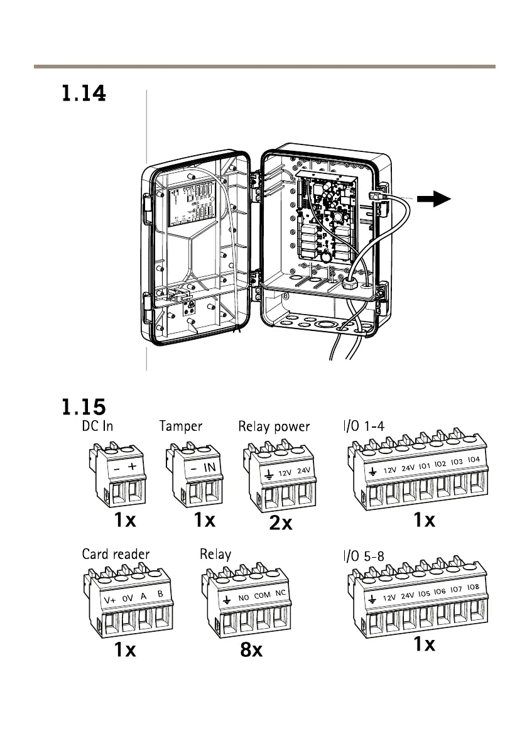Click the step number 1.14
[x=84, y=95]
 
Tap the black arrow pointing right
[x=433, y=200]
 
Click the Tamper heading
[x=180, y=427]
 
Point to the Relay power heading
[x=274, y=427]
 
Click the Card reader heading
[x=116, y=554]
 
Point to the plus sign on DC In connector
[x=133, y=469]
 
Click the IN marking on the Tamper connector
[x=210, y=469]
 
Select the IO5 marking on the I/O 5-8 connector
[x=424, y=593]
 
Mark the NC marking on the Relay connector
[x=281, y=594]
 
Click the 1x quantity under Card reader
[x=126, y=650]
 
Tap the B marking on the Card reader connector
[x=160, y=594]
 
